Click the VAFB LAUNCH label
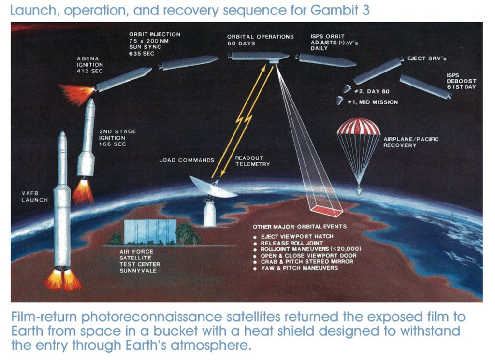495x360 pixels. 34,197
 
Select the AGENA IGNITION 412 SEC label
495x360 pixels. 90,64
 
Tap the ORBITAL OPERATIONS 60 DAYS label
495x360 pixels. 260,40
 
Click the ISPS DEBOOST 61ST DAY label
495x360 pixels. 461,81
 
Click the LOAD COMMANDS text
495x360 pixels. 186,160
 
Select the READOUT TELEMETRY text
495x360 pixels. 252,161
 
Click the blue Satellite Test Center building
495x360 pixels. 150,232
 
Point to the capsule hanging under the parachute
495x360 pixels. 358,191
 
